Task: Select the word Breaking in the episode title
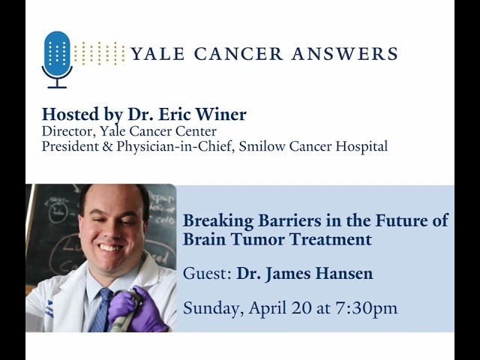[214, 221]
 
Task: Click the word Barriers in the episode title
[281, 221]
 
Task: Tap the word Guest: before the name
[207, 274]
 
